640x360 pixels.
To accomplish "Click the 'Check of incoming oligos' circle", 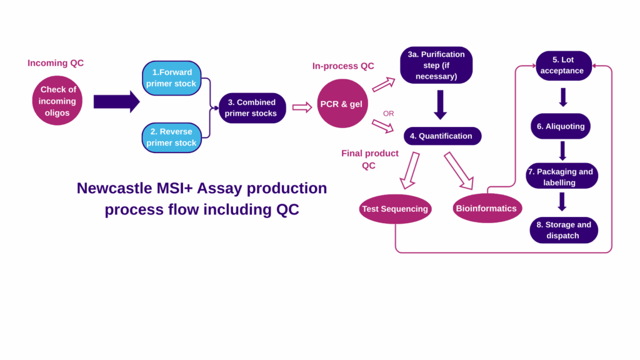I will pyautogui.click(x=57, y=100).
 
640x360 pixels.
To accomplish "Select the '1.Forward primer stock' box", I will pyautogui.click(x=171, y=78).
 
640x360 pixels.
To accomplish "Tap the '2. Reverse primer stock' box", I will pyautogui.click(x=171, y=137).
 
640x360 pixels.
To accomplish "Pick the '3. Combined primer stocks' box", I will pyautogui.click(x=252, y=108).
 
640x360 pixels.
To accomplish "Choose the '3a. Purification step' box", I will pyautogui.click(x=436, y=66).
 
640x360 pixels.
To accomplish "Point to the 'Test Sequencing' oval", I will pyautogui.click(x=395, y=209).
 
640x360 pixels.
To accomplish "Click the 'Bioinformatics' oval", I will pyautogui.click(x=487, y=208).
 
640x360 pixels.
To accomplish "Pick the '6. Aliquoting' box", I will pyautogui.click(x=561, y=126).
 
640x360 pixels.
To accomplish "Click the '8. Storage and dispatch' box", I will pyautogui.click(x=563, y=230).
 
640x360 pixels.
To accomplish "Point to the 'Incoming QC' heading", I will pyautogui.click(x=56, y=63).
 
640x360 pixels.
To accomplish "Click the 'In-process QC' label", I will pyautogui.click(x=343, y=66).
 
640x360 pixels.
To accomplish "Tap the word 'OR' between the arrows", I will pyautogui.click(x=389, y=114).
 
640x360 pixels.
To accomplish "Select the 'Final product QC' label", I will pyautogui.click(x=370, y=159).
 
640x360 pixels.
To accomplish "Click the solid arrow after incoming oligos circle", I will pyautogui.click(x=116, y=101).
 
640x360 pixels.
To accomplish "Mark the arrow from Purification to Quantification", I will pyautogui.click(x=441, y=104).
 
